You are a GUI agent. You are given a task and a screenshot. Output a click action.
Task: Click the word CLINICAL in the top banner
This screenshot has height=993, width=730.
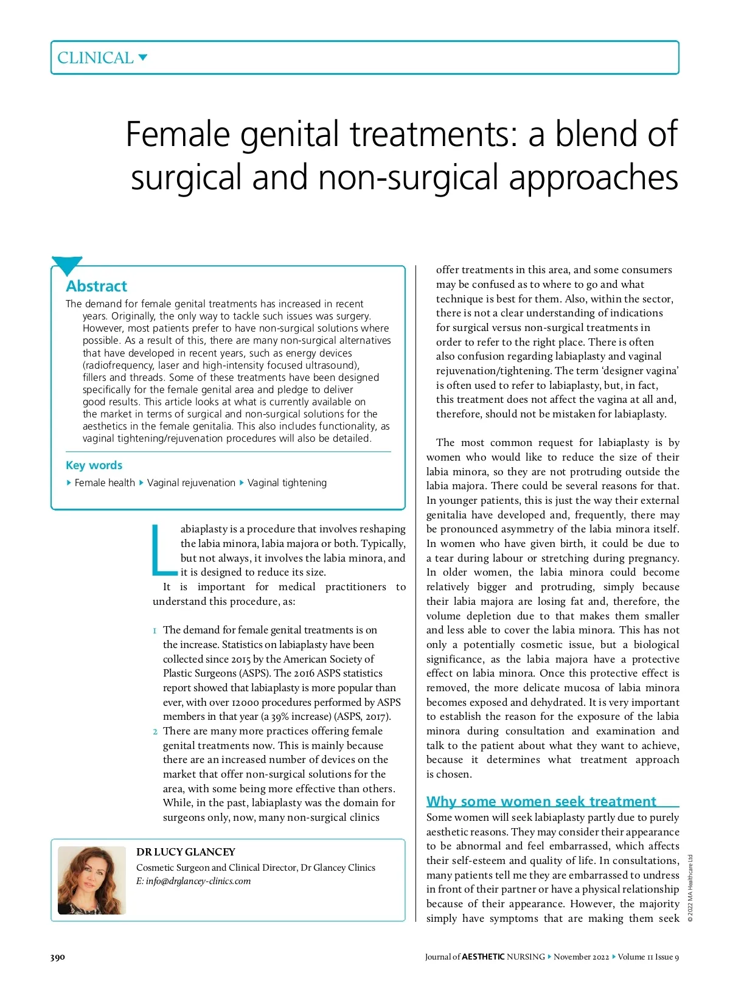(x=95, y=58)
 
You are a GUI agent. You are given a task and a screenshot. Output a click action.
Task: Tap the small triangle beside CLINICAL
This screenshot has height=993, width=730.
(x=143, y=58)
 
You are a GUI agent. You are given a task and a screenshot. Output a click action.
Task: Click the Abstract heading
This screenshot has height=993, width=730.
(x=97, y=286)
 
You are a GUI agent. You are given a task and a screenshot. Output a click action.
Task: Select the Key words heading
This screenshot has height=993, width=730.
(x=94, y=465)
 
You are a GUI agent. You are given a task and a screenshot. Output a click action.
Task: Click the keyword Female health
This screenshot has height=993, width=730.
(x=104, y=483)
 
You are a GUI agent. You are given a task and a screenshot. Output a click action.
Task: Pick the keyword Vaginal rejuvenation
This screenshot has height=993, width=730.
(x=191, y=483)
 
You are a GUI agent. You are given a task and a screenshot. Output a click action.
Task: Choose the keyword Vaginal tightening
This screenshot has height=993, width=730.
(x=287, y=483)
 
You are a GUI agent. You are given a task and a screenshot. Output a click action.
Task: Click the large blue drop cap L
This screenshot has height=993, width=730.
(x=163, y=550)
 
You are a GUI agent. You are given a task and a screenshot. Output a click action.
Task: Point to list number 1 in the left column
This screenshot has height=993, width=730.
(x=155, y=630)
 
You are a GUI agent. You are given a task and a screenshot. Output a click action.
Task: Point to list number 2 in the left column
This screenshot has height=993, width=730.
(x=155, y=731)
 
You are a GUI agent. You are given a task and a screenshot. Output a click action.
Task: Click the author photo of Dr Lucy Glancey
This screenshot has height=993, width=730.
(x=91, y=880)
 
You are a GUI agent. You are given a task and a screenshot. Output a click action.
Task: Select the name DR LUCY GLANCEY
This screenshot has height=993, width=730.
(x=186, y=852)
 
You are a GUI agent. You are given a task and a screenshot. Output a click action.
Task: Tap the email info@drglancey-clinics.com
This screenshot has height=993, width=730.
(x=198, y=881)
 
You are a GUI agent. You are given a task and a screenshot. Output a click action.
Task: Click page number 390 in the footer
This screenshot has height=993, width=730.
(x=57, y=957)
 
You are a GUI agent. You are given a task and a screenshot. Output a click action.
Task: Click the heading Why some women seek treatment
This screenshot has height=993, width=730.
(x=541, y=801)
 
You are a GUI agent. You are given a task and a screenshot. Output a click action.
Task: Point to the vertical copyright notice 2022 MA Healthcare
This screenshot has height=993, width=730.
(x=690, y=888)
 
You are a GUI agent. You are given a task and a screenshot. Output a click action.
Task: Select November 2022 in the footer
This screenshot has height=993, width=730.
(x=581, y=957)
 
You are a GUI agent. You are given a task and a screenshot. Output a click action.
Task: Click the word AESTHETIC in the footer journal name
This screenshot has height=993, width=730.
(x=483, y=957)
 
